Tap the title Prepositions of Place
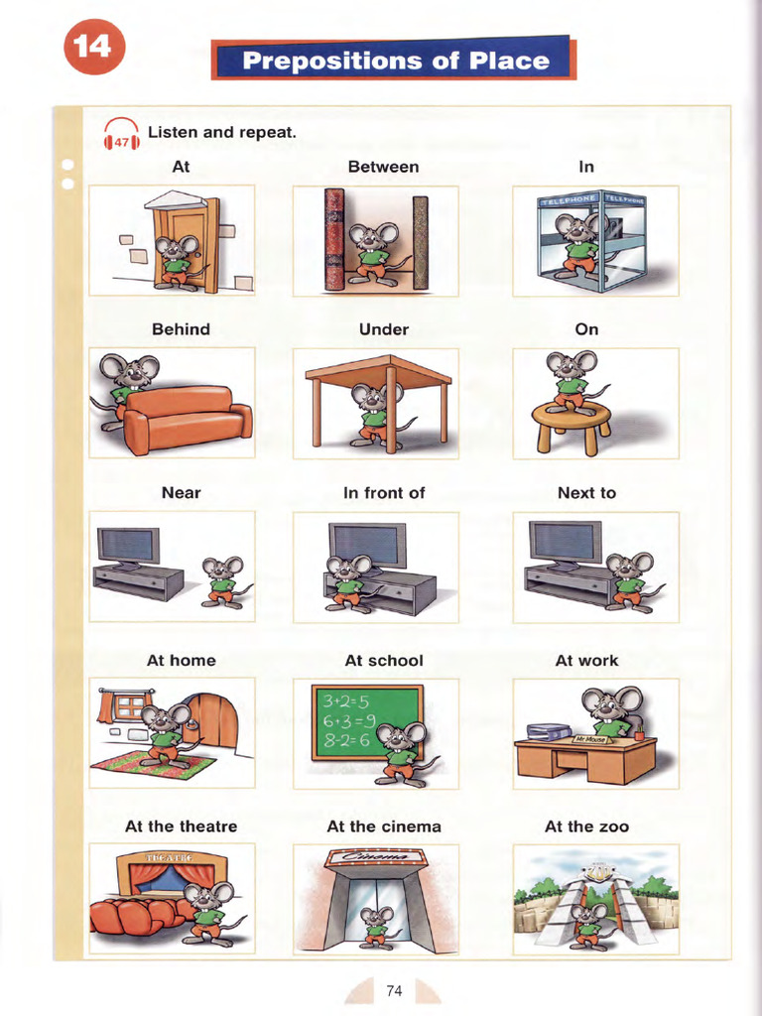[395, 61]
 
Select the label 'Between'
[383, 167]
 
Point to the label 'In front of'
[383, 493]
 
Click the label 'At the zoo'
[586, 826]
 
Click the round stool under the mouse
[571, 423]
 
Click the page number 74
[394, 990]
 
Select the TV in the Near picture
[128, 546]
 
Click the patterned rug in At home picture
[155, 764]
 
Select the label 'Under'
[383, 329]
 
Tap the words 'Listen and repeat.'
[222, 131]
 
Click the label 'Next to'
[586, 493]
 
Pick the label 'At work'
[586, 661]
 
